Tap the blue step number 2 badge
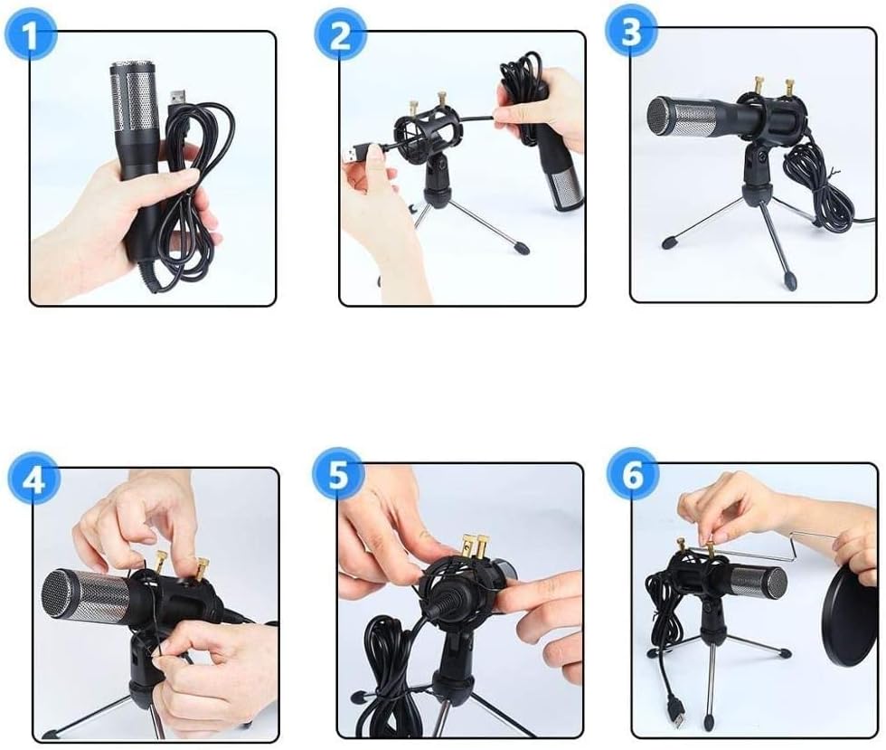pyautogui.click(x=339, y=37)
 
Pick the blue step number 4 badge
pyautogui.click(x=33, y=479)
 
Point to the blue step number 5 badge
pyautogui.click(x=337, y=476)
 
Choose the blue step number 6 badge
pyautogui.click(x=632, y=474)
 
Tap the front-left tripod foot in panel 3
pyautogui.click(x=670, y=242)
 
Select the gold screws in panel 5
pyautogui.click(x=474, y=545)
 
